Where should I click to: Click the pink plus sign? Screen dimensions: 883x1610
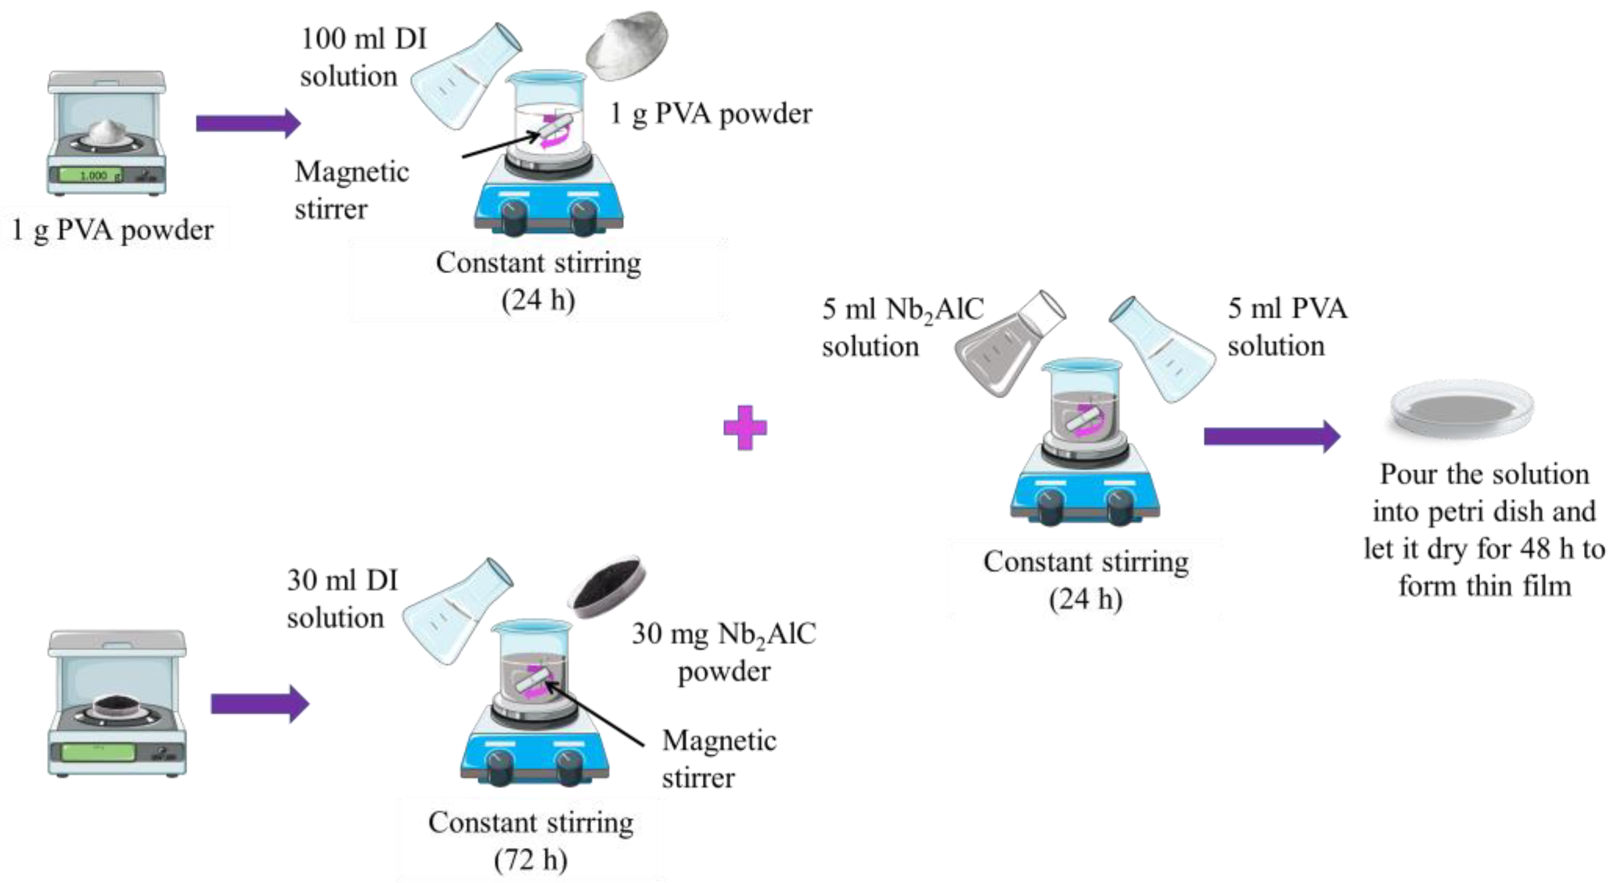[745, 428]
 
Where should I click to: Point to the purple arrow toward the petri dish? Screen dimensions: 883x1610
[1271, 436]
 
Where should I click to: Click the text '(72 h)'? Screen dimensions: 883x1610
[531, 860]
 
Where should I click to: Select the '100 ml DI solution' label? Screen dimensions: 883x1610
[362, 57]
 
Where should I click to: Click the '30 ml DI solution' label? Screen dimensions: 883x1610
[342, 599]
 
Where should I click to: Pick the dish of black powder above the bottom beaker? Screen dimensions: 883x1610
[606, 587]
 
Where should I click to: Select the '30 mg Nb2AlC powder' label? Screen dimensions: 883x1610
[724, 652]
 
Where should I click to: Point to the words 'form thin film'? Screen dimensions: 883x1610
[1484, 586]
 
